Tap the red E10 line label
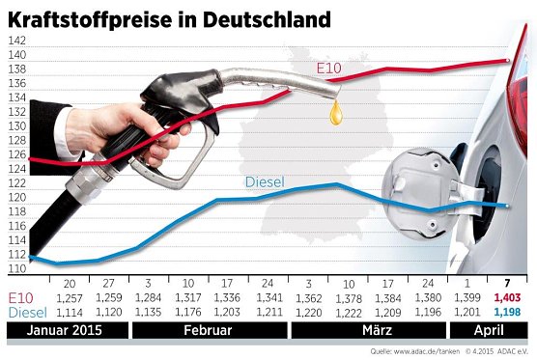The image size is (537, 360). click(x=331, y=68)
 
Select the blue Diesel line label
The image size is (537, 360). click(x=266, y=181)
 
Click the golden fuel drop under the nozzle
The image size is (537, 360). click(x=335, y=115)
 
